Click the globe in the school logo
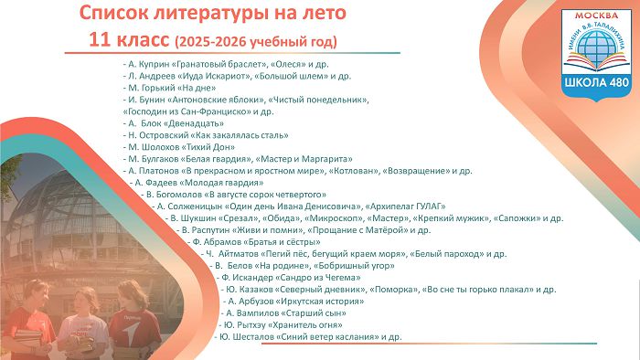click(596, 43)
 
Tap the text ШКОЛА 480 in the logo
click(597, 82)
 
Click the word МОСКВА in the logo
click(596, 16)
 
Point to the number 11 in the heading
click(99, 40)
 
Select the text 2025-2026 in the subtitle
click(212, 42)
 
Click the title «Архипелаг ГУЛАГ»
click(405, 206)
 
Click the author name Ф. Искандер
click(247, 278)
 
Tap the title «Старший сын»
click(314, 313)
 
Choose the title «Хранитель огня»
click(304, 325)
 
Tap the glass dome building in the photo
click(65, 212)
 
